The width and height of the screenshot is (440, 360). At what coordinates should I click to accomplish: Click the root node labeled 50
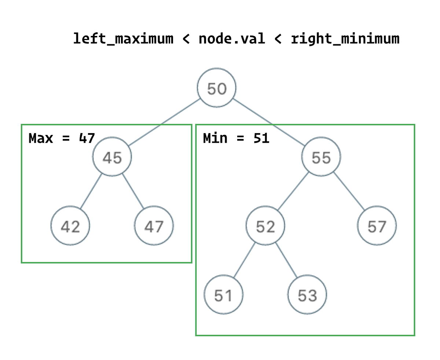pos(216,88)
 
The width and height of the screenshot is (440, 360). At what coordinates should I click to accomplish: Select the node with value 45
pos(112,157)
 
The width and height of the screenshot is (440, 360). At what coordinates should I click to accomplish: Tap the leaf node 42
pos(70,226)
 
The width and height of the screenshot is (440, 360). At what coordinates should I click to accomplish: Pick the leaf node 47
pos(154,226)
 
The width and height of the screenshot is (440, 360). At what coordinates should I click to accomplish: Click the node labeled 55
pos(321,157)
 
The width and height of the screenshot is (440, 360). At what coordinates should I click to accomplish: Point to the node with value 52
pos(265,226)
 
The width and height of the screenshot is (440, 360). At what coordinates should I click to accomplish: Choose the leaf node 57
pos(377,226)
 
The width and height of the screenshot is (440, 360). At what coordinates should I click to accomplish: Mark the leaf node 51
pos(223,295)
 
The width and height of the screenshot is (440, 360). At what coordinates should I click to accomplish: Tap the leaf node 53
pos(307,295)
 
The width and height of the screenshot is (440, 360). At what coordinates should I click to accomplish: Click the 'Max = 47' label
pos(62,139)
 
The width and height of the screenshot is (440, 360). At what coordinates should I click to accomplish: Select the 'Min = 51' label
pos(236,139)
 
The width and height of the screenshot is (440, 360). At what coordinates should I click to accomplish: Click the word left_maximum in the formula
pos(123,38)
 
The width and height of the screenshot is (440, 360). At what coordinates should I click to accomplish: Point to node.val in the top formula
pos(232,38)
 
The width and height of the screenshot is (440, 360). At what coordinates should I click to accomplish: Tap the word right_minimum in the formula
pos(345,38)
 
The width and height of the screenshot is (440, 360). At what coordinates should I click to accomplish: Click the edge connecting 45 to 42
pos(91,191)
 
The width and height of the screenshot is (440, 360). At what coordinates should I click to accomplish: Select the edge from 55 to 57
pos(349,191)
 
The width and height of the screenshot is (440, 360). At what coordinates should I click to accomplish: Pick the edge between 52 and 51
pos(244,261)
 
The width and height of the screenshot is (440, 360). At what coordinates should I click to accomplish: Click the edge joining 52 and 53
pos(286,261)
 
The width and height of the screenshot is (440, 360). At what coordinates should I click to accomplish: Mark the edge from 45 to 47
pos(133,191)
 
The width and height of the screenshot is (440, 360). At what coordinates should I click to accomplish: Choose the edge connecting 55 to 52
pos(293,191)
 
